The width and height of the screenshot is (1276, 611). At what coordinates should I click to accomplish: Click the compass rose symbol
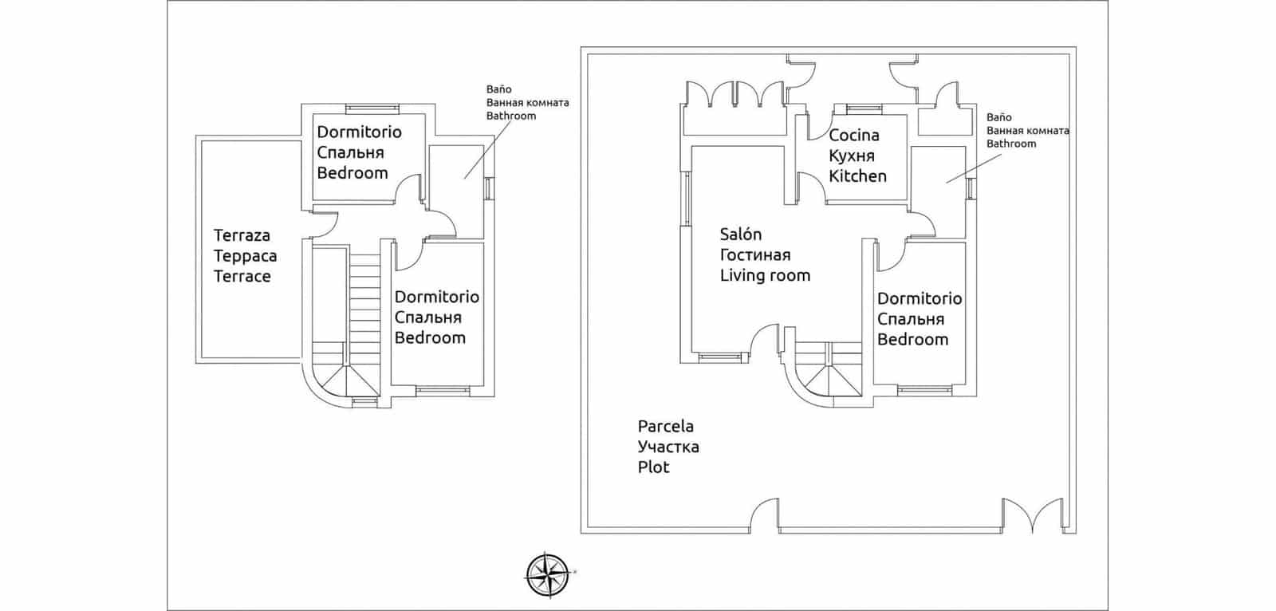[548, 574]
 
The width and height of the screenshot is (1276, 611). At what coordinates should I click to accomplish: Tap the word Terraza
[242, 235]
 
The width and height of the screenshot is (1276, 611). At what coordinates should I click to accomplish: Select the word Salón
[740, 234]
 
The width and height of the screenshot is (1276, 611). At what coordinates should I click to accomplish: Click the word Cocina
[853, 135]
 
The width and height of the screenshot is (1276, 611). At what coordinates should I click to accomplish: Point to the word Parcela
[665, 426]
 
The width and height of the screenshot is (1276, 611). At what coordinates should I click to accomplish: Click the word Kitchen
[857, 176]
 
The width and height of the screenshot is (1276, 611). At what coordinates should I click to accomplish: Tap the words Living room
[765, 275]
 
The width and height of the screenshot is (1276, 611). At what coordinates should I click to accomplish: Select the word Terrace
[242, 277]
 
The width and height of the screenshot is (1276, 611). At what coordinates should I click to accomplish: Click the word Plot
[653, 467]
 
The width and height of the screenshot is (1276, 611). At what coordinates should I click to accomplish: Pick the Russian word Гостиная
[754, 254]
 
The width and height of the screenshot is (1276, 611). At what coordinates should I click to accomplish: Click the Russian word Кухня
[852, 156]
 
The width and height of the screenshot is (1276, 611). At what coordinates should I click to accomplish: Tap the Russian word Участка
[668, 447]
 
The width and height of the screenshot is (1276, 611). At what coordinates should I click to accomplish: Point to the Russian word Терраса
[245, 256]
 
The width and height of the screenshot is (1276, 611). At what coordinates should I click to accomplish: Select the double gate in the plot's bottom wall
[1033, 515]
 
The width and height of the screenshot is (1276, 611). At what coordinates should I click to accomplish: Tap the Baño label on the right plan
[998, 117]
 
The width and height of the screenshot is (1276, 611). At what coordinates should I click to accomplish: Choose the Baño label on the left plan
[498, 89]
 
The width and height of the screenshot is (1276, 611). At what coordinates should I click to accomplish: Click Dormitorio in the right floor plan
[919, 298]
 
